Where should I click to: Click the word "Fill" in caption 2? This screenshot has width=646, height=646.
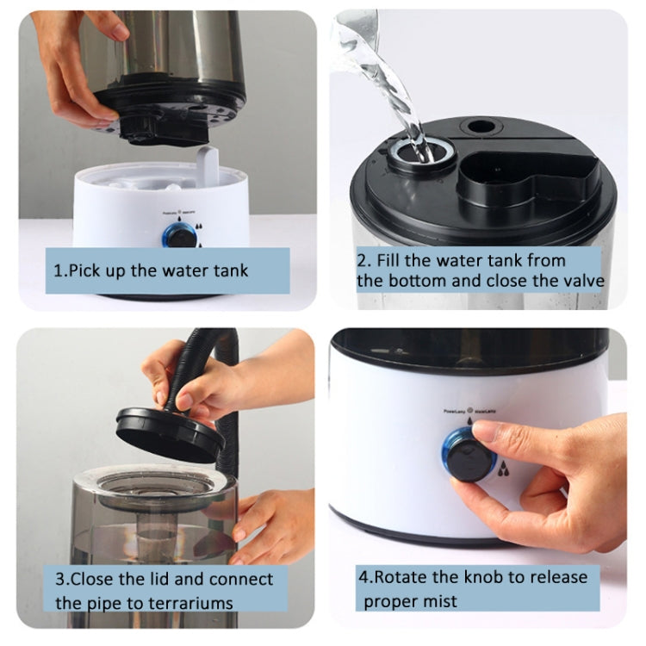coord(393,260)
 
